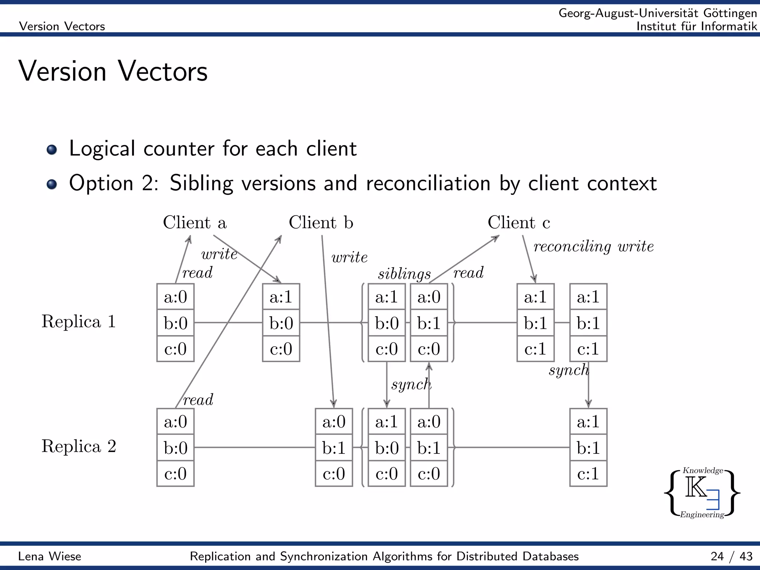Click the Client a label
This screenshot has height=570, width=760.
(x=194, y=223)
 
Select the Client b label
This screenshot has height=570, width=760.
(x=321, y=223)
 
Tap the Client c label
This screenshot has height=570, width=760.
(x=518, y=223)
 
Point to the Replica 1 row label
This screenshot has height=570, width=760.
(x=79, y=321)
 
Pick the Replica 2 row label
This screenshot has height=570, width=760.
(x=79, y=446)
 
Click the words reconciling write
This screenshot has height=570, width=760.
(x=593, y=246)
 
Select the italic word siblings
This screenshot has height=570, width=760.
(x=404, y=274)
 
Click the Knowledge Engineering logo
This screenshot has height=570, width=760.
(x=702, y=493)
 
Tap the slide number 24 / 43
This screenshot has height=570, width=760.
(x=731, y=556)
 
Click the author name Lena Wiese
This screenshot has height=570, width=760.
(x=50, y=556)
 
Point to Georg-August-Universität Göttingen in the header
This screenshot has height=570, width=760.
(x=657, y=13)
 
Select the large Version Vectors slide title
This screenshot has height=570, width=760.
(x=113, y=71)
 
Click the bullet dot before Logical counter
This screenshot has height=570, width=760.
(x=52, y=150)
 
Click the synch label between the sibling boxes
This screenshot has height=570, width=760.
(x=411, y=384)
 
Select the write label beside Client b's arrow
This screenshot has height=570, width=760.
(x=349, y=257)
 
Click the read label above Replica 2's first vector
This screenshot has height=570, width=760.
(x=198, y=400)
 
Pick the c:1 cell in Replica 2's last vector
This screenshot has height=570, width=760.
(x=588, y=474)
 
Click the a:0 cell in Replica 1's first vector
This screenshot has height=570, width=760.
(x=175, y=297)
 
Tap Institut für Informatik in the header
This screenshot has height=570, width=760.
(x=697, y=26)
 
